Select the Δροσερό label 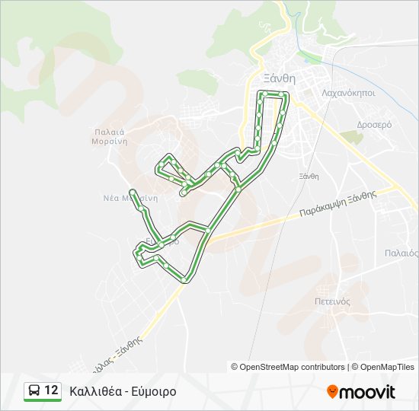coord(374,123)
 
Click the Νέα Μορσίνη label coord(130,197)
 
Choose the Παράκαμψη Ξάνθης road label coord(337,204)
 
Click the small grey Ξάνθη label coord(309,176)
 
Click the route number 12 coord(51,390)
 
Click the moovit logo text coord(367,392)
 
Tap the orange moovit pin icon coord(332,391)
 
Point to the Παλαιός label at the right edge coord(401,253)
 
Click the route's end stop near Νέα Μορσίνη coord(133,191)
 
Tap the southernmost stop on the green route coord(185,279)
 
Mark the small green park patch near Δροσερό coord(351,137)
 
